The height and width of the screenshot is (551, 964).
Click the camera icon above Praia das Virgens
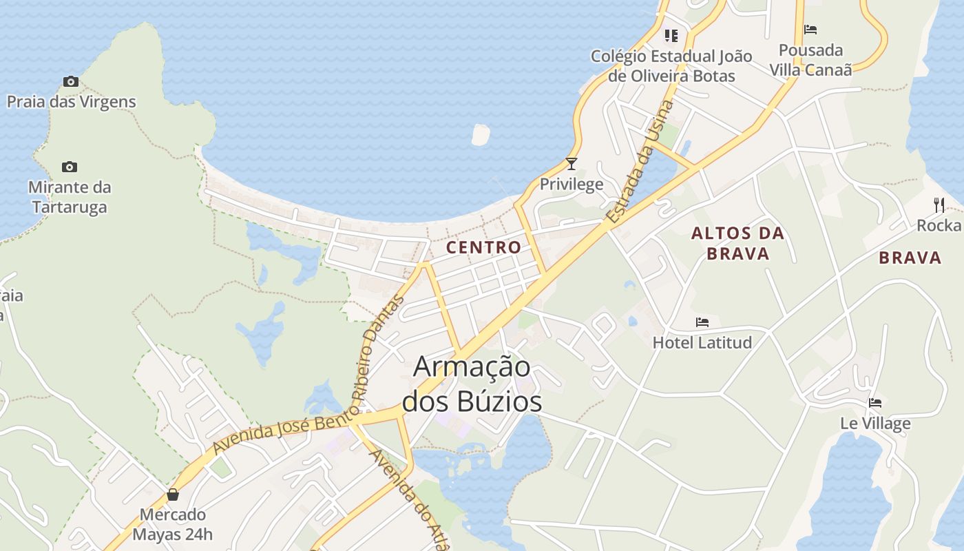coord(70,82)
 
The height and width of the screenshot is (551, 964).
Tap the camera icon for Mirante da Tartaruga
coord(69,167)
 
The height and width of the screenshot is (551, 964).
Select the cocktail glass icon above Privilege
coord(571,164)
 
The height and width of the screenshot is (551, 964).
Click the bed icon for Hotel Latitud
coord(702,322)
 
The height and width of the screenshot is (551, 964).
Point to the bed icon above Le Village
coord(875,403)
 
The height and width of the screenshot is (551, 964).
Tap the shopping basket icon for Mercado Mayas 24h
coord(172,495)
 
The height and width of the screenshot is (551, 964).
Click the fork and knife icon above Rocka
coord(939,205)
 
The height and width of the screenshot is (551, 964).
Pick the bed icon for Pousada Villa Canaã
coord(810,30)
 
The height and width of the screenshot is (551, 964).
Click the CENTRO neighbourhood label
coord(483,247)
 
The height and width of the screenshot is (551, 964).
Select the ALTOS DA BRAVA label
coord(738,243)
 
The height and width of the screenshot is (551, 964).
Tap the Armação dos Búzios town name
coord(472,384)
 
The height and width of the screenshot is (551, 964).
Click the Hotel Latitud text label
coord(702,342)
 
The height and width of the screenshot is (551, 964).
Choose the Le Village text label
coord(875,424)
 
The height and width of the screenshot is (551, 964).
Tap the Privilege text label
coord(572,184)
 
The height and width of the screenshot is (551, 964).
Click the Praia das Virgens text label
coord(72,102)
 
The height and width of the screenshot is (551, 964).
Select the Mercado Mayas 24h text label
coord(173,524)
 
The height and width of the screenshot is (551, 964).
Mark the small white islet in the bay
coord(481,134)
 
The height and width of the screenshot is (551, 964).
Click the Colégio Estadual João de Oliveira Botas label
coord(671,65)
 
